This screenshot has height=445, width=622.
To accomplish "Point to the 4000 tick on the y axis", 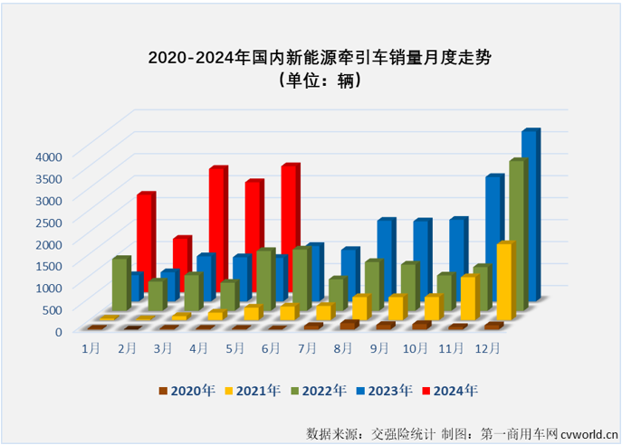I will [47, 156].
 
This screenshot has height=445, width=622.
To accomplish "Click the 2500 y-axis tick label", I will [47, 222].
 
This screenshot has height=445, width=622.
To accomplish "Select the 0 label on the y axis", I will [57, 331].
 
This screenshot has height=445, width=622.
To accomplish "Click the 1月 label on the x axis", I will [91, 347].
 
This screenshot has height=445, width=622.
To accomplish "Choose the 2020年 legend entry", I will [187, 391].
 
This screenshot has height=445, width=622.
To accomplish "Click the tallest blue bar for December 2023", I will [529, 217].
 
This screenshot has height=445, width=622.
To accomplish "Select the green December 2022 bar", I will [516, 235].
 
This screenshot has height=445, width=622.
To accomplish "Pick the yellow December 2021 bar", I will [504, 280].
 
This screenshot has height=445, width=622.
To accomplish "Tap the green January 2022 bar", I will [120, 284].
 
